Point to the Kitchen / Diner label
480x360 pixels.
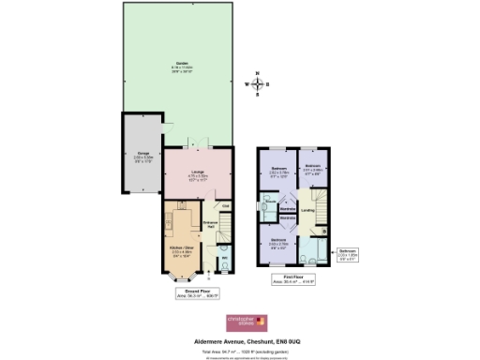[184, 250]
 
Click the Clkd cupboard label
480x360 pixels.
[225, 206]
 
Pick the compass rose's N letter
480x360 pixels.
[260, 72]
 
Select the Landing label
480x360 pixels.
[308, 210]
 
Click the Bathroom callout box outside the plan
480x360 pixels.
[348, 253]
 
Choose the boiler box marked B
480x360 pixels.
[323, 230]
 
